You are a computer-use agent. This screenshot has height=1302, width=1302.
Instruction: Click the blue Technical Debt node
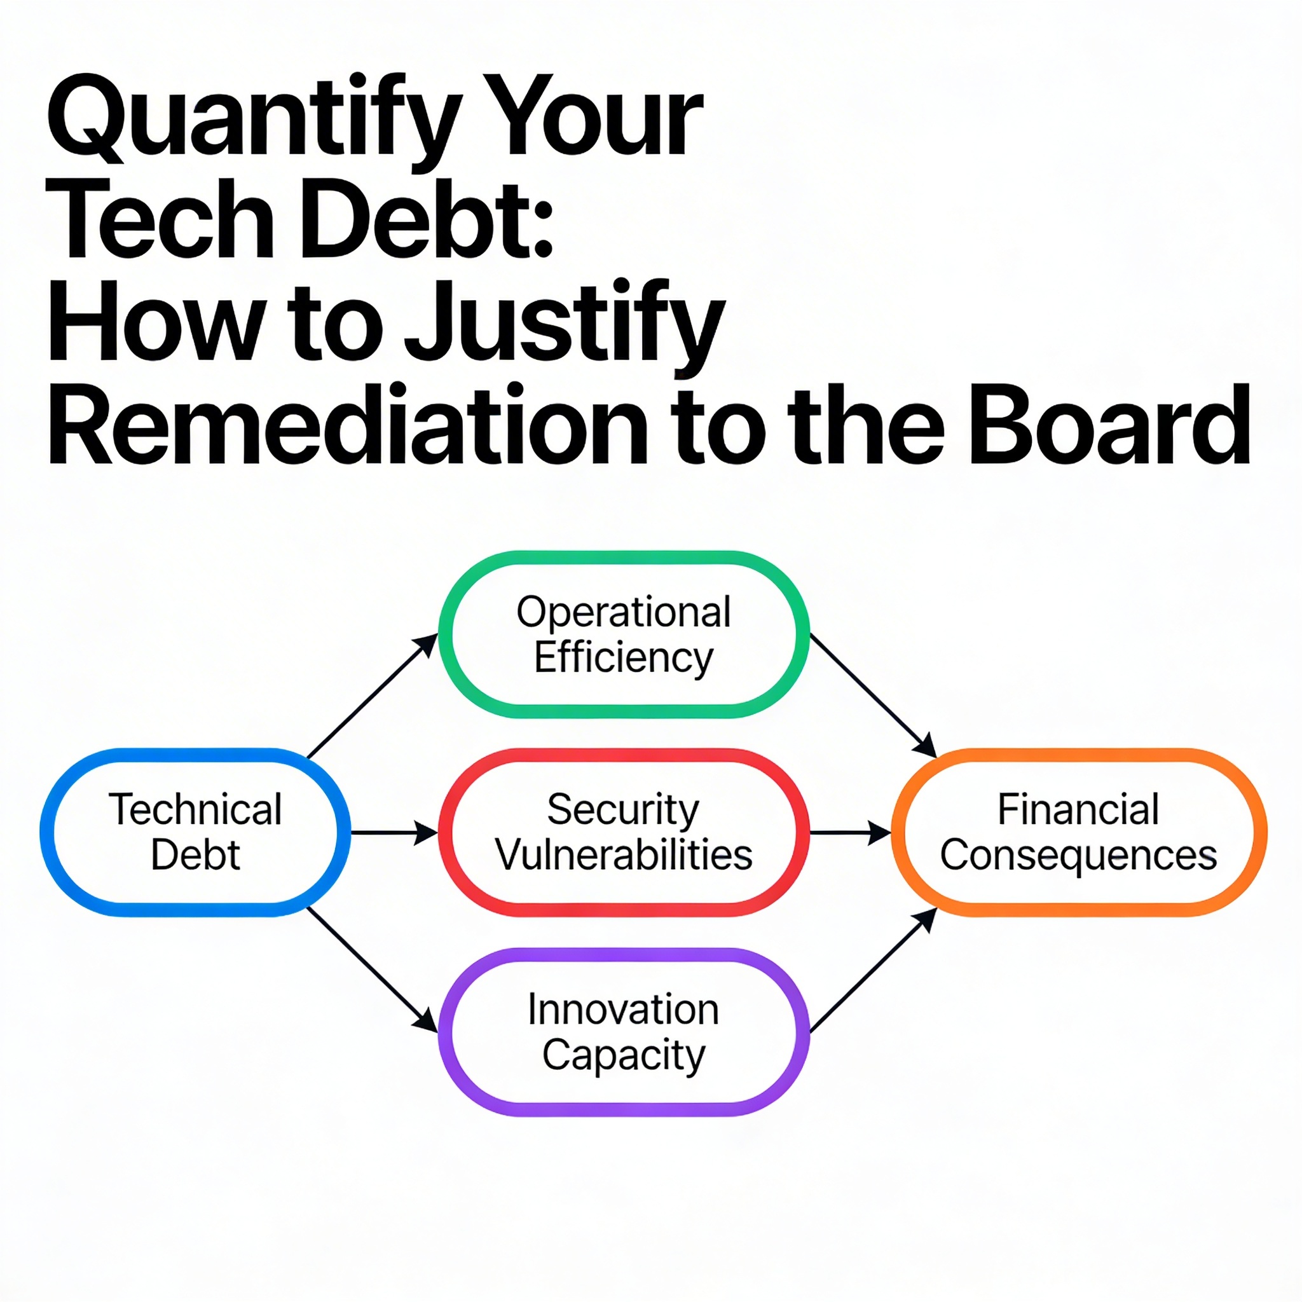pos(195,832)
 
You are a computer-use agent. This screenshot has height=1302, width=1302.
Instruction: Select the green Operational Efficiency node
pos(624,634)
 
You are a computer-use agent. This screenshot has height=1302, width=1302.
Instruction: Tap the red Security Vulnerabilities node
pos(624,832)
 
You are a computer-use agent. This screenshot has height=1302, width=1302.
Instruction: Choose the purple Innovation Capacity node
pos(624,1032)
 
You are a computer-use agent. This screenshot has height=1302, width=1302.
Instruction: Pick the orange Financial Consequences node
pos(1078,832)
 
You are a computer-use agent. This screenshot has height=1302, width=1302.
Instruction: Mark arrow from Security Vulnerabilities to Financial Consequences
pos(849,833)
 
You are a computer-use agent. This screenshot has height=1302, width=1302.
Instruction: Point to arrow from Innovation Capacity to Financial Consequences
pos(873,970)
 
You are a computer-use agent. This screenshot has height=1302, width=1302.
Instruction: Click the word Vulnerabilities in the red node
pos(624,855)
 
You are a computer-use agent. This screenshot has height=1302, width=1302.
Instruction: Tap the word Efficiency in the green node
pos(624,657)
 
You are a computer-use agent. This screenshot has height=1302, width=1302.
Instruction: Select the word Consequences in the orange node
pos(1078,855)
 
